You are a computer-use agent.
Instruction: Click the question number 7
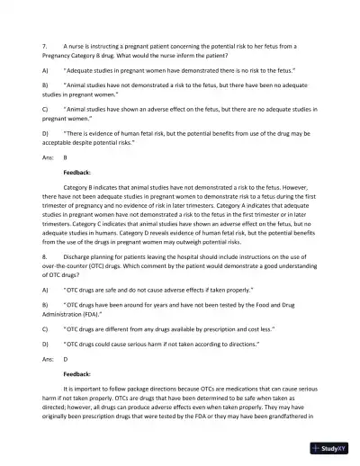click(44, 45)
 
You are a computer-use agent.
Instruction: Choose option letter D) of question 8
click(45, 344)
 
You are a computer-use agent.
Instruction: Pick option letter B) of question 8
click(45, 306)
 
